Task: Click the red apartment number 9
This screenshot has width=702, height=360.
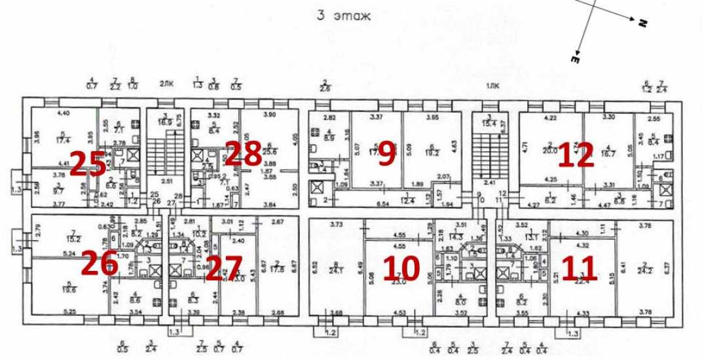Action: click(x=386, y=153)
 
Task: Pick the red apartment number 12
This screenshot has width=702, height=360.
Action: click(x=576, y=154)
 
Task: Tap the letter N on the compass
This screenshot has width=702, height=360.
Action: click(x=642, y=23)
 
